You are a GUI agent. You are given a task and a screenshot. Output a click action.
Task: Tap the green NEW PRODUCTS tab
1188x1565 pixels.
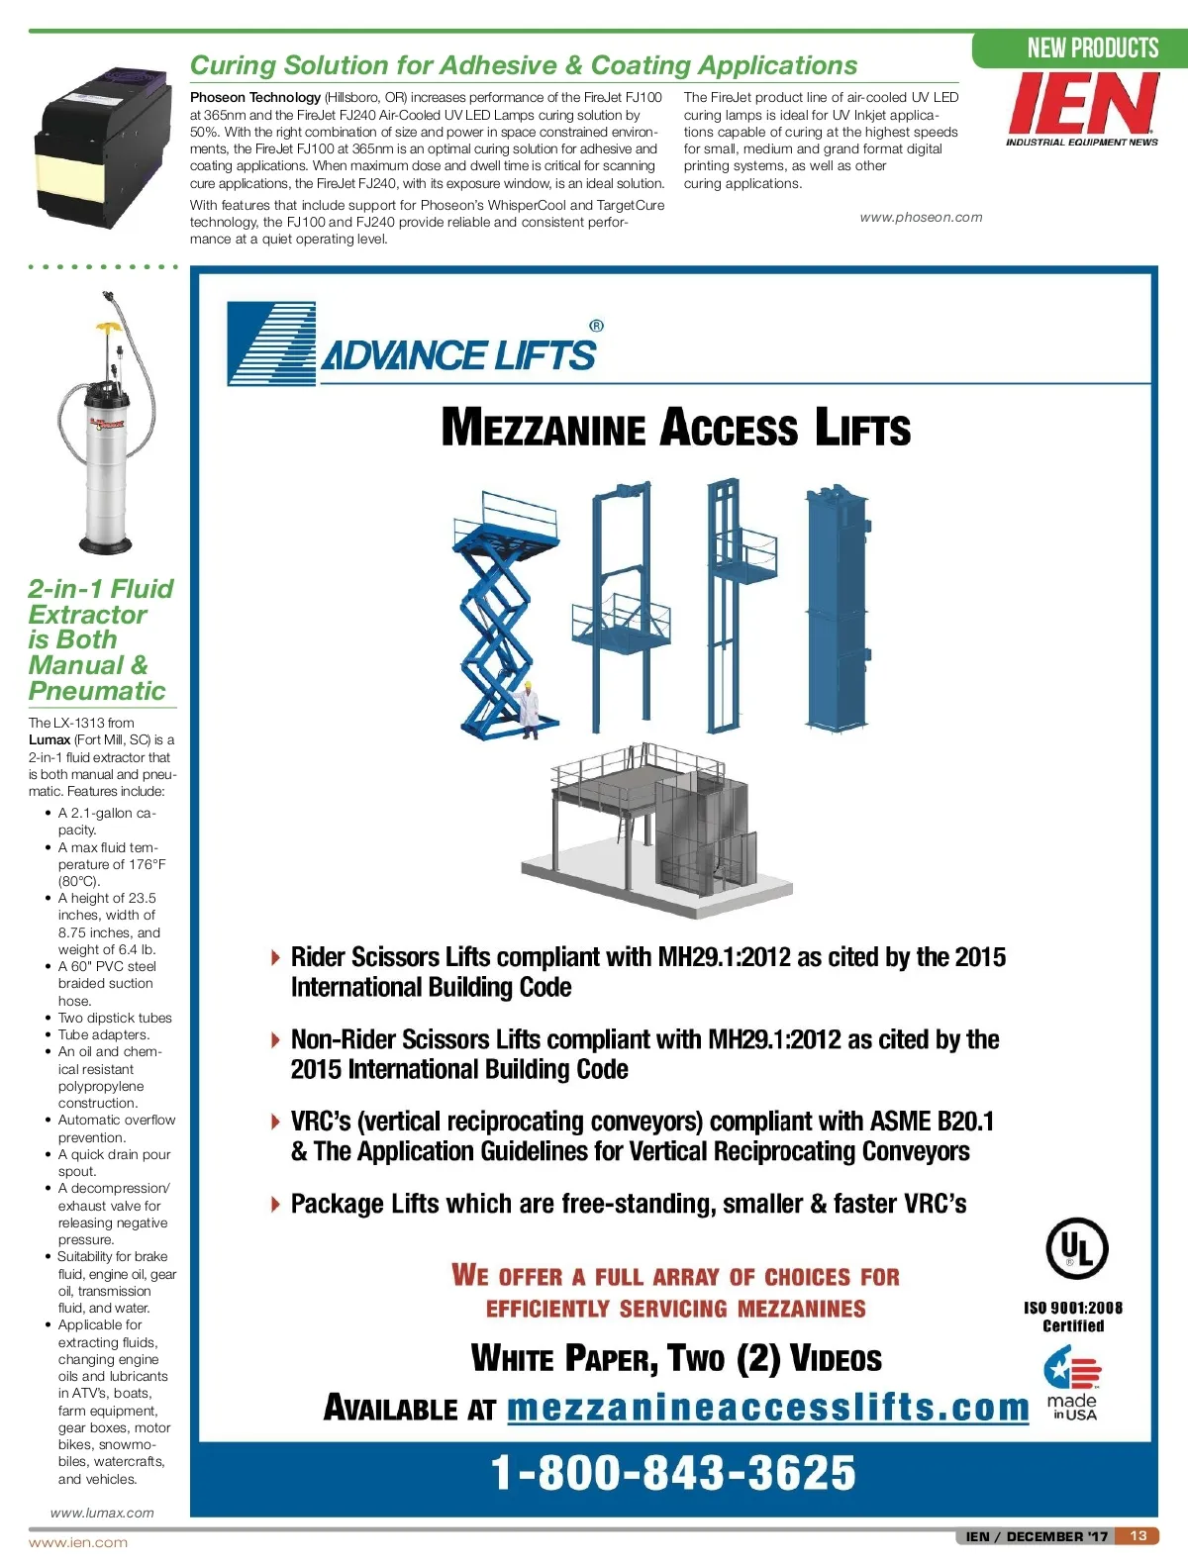(1091, 48)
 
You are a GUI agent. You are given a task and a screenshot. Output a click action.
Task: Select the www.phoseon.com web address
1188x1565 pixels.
(921, 218)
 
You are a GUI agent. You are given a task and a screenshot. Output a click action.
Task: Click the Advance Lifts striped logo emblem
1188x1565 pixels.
(270, 342)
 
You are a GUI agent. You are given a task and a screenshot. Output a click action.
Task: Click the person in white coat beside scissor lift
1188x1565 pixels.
(528, 711)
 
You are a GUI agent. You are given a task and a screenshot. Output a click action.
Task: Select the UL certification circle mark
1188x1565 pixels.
(1076, 1248)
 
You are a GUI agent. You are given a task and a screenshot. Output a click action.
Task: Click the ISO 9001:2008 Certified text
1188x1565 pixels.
(1073, 1317)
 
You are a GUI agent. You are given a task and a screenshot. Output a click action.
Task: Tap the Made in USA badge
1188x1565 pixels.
(1073, 1386)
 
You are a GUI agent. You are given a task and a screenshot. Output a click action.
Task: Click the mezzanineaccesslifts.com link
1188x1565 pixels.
(768, 1407)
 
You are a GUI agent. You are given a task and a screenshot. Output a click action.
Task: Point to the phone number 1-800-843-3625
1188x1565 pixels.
(673, 1472)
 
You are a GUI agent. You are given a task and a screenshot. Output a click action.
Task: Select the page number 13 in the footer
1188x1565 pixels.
(1138, 1535)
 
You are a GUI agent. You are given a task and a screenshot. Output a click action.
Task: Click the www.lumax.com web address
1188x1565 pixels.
(102, 1513)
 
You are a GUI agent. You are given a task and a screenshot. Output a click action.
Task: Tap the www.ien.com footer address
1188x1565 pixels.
(78, 1542)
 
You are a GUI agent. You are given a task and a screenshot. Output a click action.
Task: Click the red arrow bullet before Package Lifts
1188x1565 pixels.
(275, 1204)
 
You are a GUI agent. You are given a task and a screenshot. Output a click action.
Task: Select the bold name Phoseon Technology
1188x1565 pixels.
(255, 97)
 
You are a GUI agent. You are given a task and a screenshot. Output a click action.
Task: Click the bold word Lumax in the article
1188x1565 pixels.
(49, 739)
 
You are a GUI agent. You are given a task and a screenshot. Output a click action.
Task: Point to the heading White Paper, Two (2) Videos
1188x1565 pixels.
(676, 1358)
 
